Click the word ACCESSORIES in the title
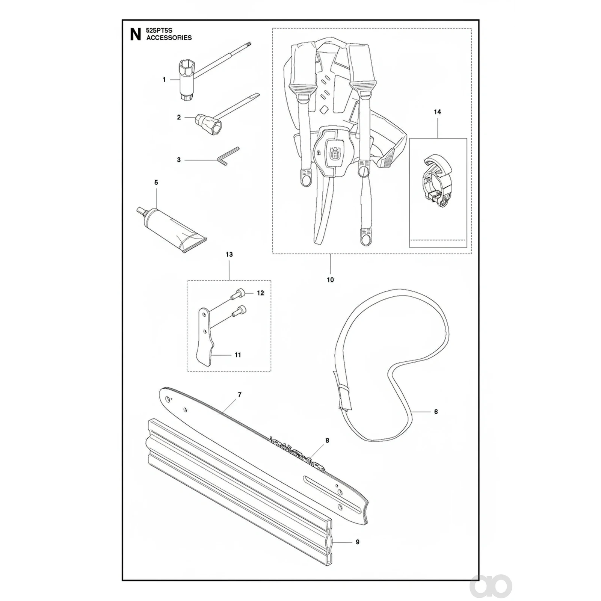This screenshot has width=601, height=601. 169,38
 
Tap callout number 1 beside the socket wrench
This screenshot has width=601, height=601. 164,80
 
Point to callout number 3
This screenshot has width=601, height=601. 179,160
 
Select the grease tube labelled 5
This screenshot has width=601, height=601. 171,230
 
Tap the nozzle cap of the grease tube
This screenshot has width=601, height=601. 141,210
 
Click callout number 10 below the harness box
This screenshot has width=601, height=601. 330,280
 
